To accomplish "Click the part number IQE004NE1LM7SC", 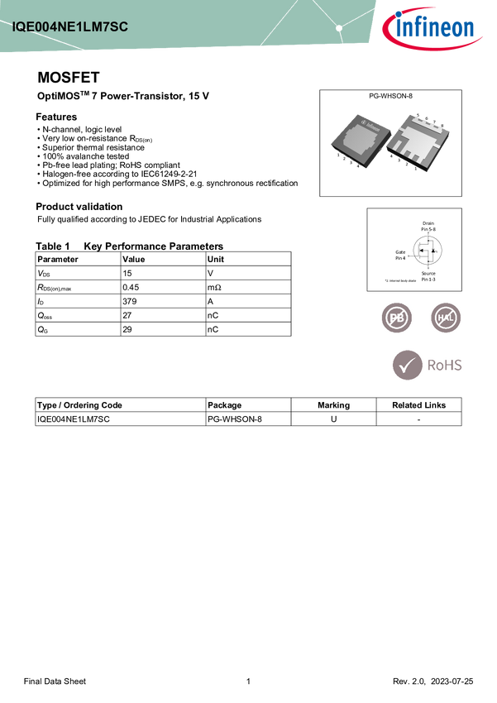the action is (x=69, y=26).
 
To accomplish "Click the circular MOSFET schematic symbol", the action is (x=428, y=249).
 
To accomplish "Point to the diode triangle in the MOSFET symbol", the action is (x=435, y=250).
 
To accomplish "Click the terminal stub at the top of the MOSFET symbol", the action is (x=428, y=232).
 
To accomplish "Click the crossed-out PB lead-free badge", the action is (x=396, y=318).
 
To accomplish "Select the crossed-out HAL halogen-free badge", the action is (x=447, y=318).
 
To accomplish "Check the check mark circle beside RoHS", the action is (x=406, y=365).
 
